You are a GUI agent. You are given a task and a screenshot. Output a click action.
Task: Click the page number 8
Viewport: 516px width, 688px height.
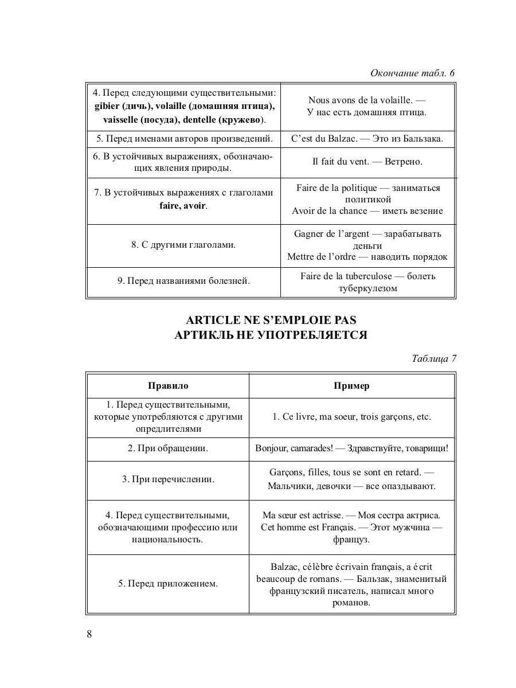pyautogui.click(x=89, y=634)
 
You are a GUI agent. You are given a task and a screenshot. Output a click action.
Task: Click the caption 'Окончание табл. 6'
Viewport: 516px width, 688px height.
pyautogui.click(x=412, y=73)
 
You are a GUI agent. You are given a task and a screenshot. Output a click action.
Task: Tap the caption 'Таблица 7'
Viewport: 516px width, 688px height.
pyautogui.click(x=433, y=359)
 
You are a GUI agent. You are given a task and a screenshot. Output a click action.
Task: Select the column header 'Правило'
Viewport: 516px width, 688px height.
pyautogui.click(x=168, y=386)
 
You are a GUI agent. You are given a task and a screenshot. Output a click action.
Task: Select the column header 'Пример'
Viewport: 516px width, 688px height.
pyautogui.click(x=351, y=386)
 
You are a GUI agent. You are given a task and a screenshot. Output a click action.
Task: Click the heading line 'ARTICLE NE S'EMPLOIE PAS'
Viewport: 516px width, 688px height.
pyautogui.click(x=270, y=320)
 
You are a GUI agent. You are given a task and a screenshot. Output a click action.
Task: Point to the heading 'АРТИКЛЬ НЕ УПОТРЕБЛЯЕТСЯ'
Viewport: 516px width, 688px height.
pyautogui.click(x=270, y=335)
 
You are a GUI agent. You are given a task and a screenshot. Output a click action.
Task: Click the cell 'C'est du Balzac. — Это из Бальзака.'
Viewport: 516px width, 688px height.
pyautogui.click(x=368, y=138)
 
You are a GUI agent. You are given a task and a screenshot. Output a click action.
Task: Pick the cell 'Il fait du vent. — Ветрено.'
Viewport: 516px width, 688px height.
pyautogui.click(x=368, y=162)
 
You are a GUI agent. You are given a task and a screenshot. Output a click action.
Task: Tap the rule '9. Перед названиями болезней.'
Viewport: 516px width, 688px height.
pyautogui.click(x=183, y=281)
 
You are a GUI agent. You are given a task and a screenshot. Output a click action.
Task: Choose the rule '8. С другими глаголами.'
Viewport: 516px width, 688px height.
pyautogui.click(x=183, y=245)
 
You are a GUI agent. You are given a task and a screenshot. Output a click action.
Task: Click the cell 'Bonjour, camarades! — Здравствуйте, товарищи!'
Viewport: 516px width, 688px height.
pyautogui.click(x=351, y=448)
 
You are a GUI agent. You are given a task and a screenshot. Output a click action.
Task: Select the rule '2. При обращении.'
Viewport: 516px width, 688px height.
pyautogui.click(x=168, y=448)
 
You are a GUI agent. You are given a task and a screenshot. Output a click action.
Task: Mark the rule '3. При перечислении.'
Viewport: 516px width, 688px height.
pyautogui.click(x=168, y=479)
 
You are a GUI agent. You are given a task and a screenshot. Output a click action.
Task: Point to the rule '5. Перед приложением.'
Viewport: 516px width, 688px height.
pyautogui.click(x=168, y=584)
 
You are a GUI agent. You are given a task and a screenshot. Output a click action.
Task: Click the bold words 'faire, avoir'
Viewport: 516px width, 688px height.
pyautogui.click(x=182, y=205)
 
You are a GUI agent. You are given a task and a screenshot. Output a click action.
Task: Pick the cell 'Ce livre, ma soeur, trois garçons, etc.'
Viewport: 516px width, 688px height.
pyautogui.click(x=351, y=417)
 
